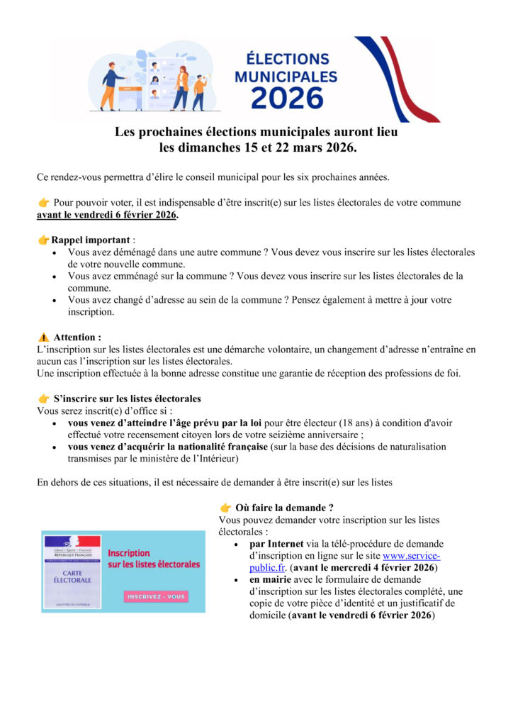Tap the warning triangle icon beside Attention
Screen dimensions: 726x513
43,337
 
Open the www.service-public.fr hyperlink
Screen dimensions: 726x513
411,556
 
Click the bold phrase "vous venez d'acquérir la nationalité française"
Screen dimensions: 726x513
168,447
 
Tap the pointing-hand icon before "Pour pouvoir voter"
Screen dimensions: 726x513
43,203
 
